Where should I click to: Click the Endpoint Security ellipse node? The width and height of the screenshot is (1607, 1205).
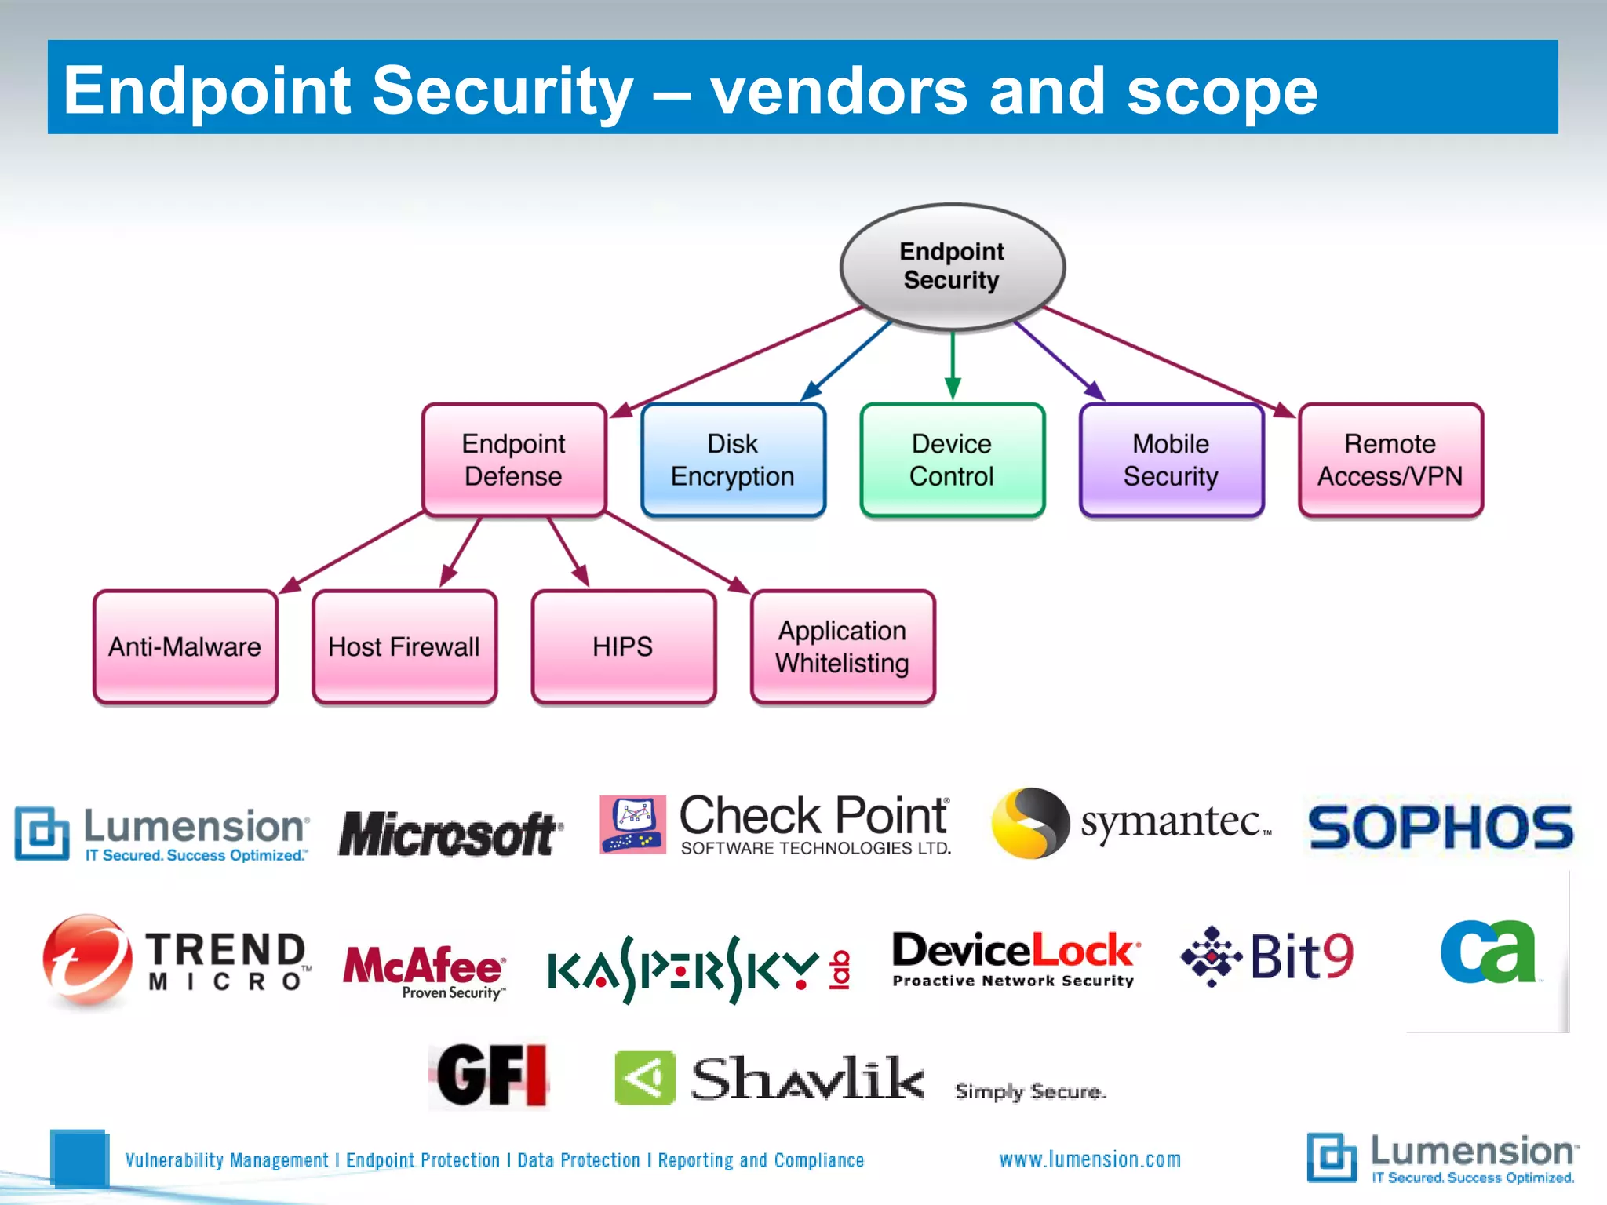(952, 267)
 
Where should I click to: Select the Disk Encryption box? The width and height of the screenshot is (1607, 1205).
(733, 461)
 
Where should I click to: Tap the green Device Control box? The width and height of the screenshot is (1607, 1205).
(952, 461)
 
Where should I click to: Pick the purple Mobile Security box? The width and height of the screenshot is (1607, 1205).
(1171, 461)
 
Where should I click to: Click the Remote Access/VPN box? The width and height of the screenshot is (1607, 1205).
(1390, 461)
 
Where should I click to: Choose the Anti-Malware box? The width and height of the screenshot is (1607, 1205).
(185, 646)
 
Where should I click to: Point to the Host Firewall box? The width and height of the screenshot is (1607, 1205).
(404, 646)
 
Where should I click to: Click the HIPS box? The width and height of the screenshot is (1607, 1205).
(623, 646)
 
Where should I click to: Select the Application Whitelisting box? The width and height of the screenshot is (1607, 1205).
(843, 646)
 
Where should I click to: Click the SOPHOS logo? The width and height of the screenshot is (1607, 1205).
(1441, 827)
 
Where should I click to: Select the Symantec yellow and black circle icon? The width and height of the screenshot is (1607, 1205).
(1029, 823)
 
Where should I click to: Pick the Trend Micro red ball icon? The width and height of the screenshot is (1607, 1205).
(87, 959)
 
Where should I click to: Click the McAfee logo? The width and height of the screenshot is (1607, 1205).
(424, 969)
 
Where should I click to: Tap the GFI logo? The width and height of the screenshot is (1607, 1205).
(491, 1075)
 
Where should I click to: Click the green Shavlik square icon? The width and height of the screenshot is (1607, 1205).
(644, 1078)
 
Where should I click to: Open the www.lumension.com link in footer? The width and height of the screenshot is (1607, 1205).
(1089, 1159)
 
